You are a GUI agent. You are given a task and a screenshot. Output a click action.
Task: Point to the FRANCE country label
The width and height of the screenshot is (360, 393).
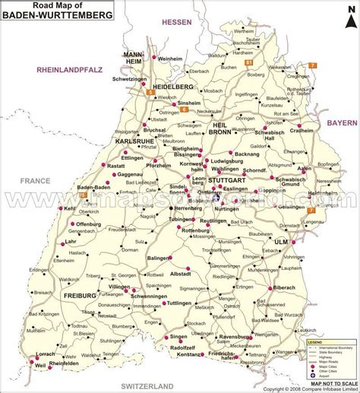coord(34,180)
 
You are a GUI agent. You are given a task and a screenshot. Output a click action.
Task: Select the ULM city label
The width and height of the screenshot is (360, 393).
coord(283,241)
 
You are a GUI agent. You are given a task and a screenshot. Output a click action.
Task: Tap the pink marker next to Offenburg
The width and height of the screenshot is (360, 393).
coord(73,224)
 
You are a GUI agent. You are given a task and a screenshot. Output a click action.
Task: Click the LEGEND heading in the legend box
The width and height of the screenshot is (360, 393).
coord(317,322)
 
